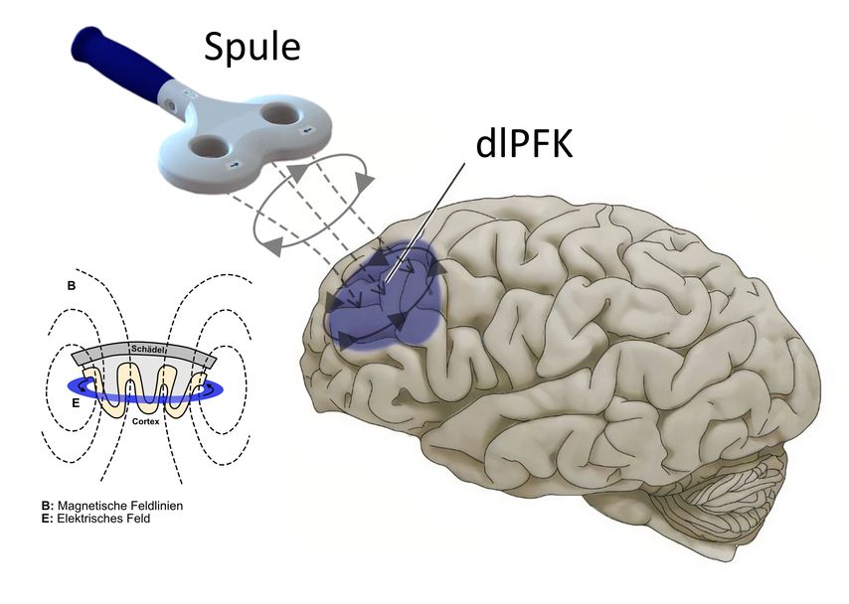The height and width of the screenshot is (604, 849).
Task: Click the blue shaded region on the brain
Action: point(383,298)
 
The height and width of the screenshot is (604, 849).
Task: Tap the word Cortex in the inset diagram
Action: point(145,422)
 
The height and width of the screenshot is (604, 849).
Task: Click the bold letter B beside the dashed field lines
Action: point(71,286)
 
